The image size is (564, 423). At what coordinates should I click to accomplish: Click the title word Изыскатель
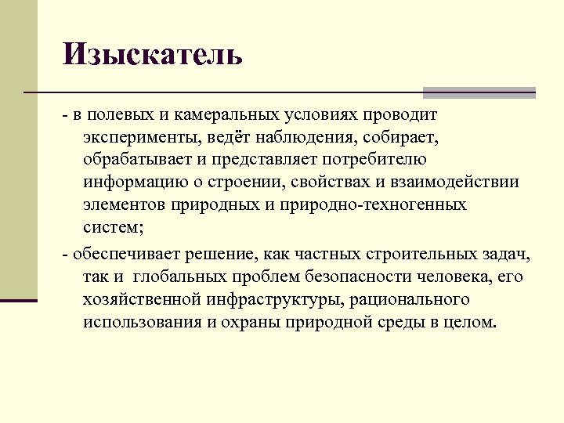[x=154, y=55]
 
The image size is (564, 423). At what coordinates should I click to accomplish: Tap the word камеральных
[x=227, y=115]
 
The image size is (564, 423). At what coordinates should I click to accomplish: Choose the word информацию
[x=130, y=183]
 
